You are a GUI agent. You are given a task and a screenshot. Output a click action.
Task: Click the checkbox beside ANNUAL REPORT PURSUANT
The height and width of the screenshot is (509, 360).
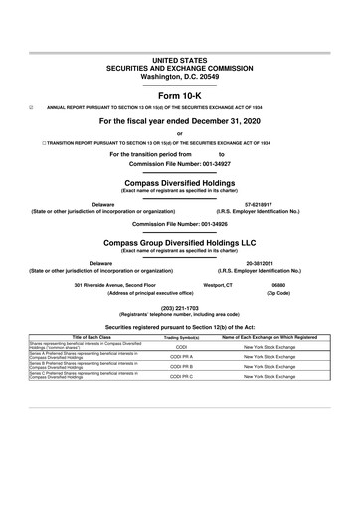[x=32, y=104]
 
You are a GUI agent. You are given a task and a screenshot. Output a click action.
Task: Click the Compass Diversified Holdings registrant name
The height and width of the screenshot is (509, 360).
[x=180, y=184]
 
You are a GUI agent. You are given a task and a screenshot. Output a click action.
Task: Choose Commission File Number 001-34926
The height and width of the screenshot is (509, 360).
[x=180, y=224]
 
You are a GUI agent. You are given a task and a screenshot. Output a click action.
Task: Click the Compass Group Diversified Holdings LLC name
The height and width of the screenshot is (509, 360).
[x=180, y=242]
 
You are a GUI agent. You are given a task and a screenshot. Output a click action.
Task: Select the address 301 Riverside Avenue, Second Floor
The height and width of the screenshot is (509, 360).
[x=116, y=286]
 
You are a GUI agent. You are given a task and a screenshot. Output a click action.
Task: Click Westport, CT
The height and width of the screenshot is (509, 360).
[x=218, y=286]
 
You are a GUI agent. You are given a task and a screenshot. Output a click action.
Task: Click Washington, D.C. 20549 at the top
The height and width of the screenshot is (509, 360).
[x=180, y=49]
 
